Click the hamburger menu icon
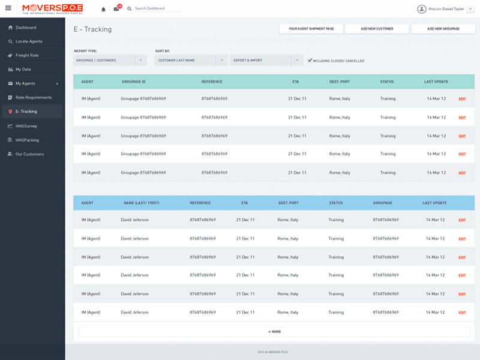pos(8,8)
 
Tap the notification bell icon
pos(103,9)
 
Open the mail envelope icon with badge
pos(116,9)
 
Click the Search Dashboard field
pos(157,9)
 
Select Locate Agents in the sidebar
pos(29,41)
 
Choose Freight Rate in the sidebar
pos(27,55)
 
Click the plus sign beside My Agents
pos(57,83)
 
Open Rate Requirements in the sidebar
pos(34,97)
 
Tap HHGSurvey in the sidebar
pos(26,126)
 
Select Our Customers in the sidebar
pos(29,154)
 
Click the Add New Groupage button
pos(443,29)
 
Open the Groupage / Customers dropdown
pos(110,61)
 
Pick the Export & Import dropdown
pos(266,61)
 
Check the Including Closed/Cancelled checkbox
pos(310,61)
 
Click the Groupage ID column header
pos(133,82)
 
